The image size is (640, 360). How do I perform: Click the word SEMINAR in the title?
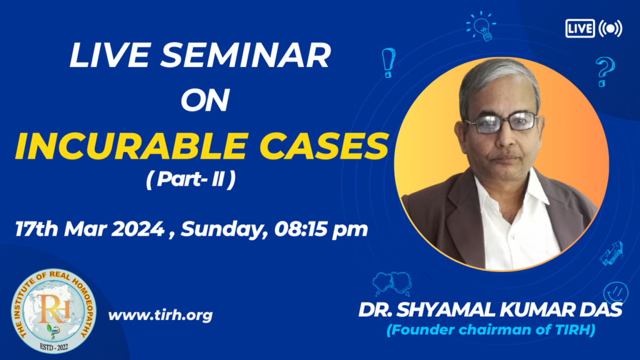[x=245, y=56]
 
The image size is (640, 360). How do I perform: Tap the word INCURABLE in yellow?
[x=131, y=146]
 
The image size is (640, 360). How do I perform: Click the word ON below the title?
[x=205, y=100]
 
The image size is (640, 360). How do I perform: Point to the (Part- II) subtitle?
[x=191, y=179]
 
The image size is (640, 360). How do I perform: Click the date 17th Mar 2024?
[x=89, y=229]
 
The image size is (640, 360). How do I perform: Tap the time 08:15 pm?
[x=321, y=229]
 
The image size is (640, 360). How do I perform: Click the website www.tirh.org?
[x=161, y=315]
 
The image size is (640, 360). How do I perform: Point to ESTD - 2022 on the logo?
[x=54, y=347]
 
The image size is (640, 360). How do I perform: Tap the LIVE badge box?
[x=580, y=29]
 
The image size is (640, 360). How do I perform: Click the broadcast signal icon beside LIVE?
[x=610, y=29]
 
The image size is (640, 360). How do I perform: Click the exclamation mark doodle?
[x=388, y=63]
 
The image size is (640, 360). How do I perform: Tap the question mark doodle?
[x=604, y=72]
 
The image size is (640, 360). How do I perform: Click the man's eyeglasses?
[x=501, y=122]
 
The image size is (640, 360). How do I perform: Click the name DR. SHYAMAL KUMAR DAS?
[x=490, y=310]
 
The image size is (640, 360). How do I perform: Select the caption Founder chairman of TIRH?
[x=491, y=330]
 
